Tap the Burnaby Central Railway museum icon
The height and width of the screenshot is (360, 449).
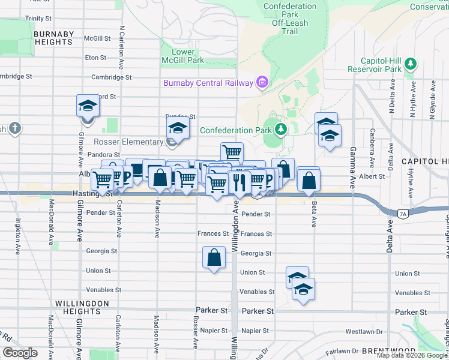pos(262,83)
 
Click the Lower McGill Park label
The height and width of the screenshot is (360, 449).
pos(183,56)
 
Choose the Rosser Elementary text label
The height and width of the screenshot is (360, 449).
pos(128,142)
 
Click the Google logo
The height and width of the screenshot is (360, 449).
pos(20,353)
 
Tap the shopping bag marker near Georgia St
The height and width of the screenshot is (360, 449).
pos(214,257)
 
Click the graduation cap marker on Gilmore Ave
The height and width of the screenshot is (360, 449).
pos(88,106)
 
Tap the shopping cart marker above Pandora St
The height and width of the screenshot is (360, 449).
pos(232,152)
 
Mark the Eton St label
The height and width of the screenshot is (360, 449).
pos(96,58)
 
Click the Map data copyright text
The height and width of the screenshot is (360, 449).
pos(411,355)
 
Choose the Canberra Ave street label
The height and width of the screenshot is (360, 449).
pos(373,148)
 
